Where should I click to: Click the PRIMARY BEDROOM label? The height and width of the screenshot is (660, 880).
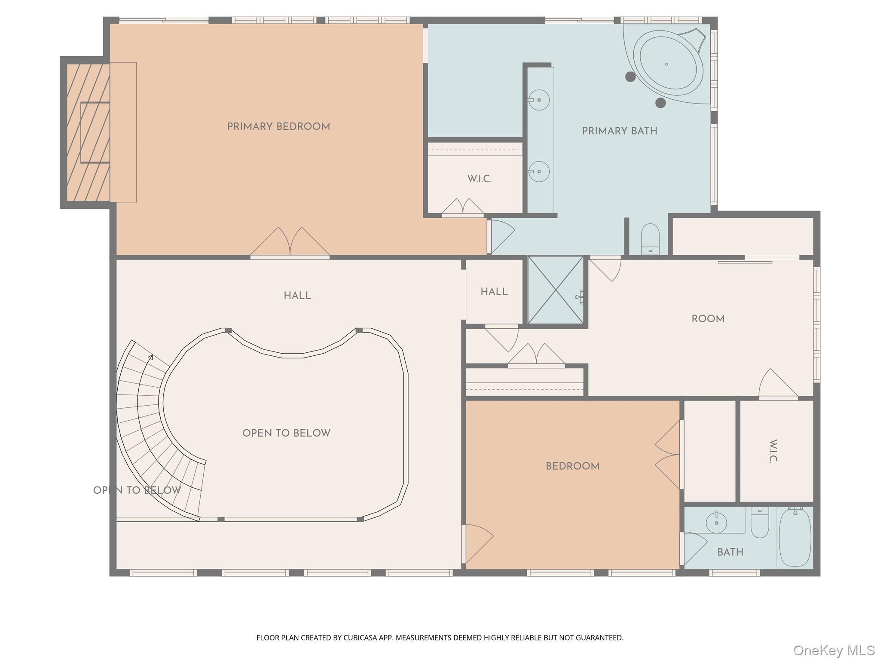click(x=278, y=127)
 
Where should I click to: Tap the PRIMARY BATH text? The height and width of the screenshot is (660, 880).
click(x=619, y=131)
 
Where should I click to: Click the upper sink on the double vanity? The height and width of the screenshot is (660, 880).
click(x=538, y=100)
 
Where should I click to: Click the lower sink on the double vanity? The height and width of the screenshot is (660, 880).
click(x=538, y=171)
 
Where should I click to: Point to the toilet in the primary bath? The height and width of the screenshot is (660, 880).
click(x=650, y=238)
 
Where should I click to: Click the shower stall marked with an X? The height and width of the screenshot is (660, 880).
click(x=556, y=290)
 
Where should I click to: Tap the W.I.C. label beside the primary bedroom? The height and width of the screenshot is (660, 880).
click(x=479, y=179)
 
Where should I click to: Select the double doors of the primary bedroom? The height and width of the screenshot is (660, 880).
click(x=290, y=243)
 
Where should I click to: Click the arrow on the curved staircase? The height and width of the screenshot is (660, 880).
click(x=150, y=357)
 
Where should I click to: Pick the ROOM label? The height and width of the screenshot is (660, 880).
click(x=708, y=319)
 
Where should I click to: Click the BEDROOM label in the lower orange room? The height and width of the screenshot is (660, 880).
click(x=572, y=466)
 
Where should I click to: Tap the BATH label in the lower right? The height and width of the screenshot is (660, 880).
click(x=730, y=552)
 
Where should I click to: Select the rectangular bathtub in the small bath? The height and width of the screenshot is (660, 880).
click(x=795, y=537)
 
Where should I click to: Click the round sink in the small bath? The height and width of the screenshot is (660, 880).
click(x=716, y=522)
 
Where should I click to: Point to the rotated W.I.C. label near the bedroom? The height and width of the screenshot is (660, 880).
click(x=773, y=451)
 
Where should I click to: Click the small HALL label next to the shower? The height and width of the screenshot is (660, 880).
click(x=494, y=292)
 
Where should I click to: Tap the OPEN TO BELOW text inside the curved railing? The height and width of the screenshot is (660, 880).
click(x=286, y=433)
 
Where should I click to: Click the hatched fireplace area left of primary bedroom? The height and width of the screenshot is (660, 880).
click(x=88, y=132)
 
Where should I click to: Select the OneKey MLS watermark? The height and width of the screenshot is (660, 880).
click(x=834, y=650)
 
